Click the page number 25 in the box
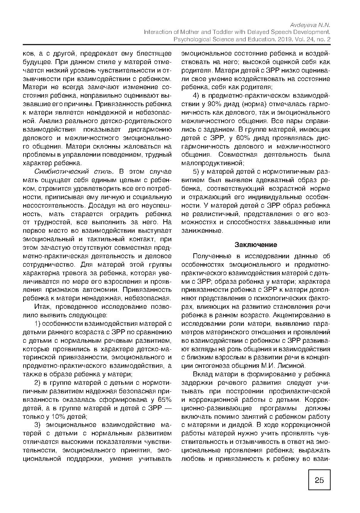[x=319, y=480]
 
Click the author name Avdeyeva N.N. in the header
[x=311, y=24]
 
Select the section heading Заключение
[x=256, y=245]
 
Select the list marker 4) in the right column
[x=196, y=95]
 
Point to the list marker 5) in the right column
[x=196, y=172]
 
